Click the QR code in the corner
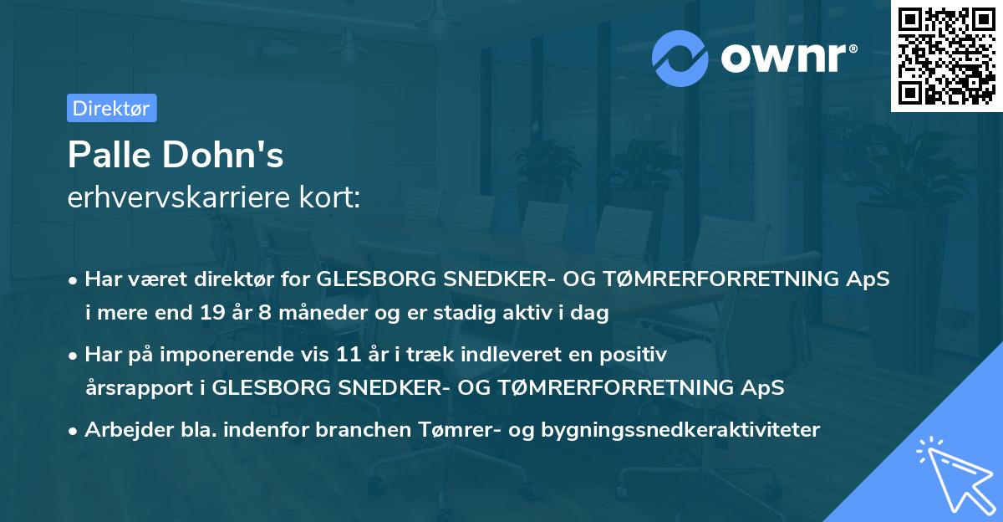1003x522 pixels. pos(946,55)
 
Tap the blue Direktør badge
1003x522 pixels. pos(112,108)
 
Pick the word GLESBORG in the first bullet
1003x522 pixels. pos(375,279)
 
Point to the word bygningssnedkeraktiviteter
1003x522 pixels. pos(680,430)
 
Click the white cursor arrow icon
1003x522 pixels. pos(953,473)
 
